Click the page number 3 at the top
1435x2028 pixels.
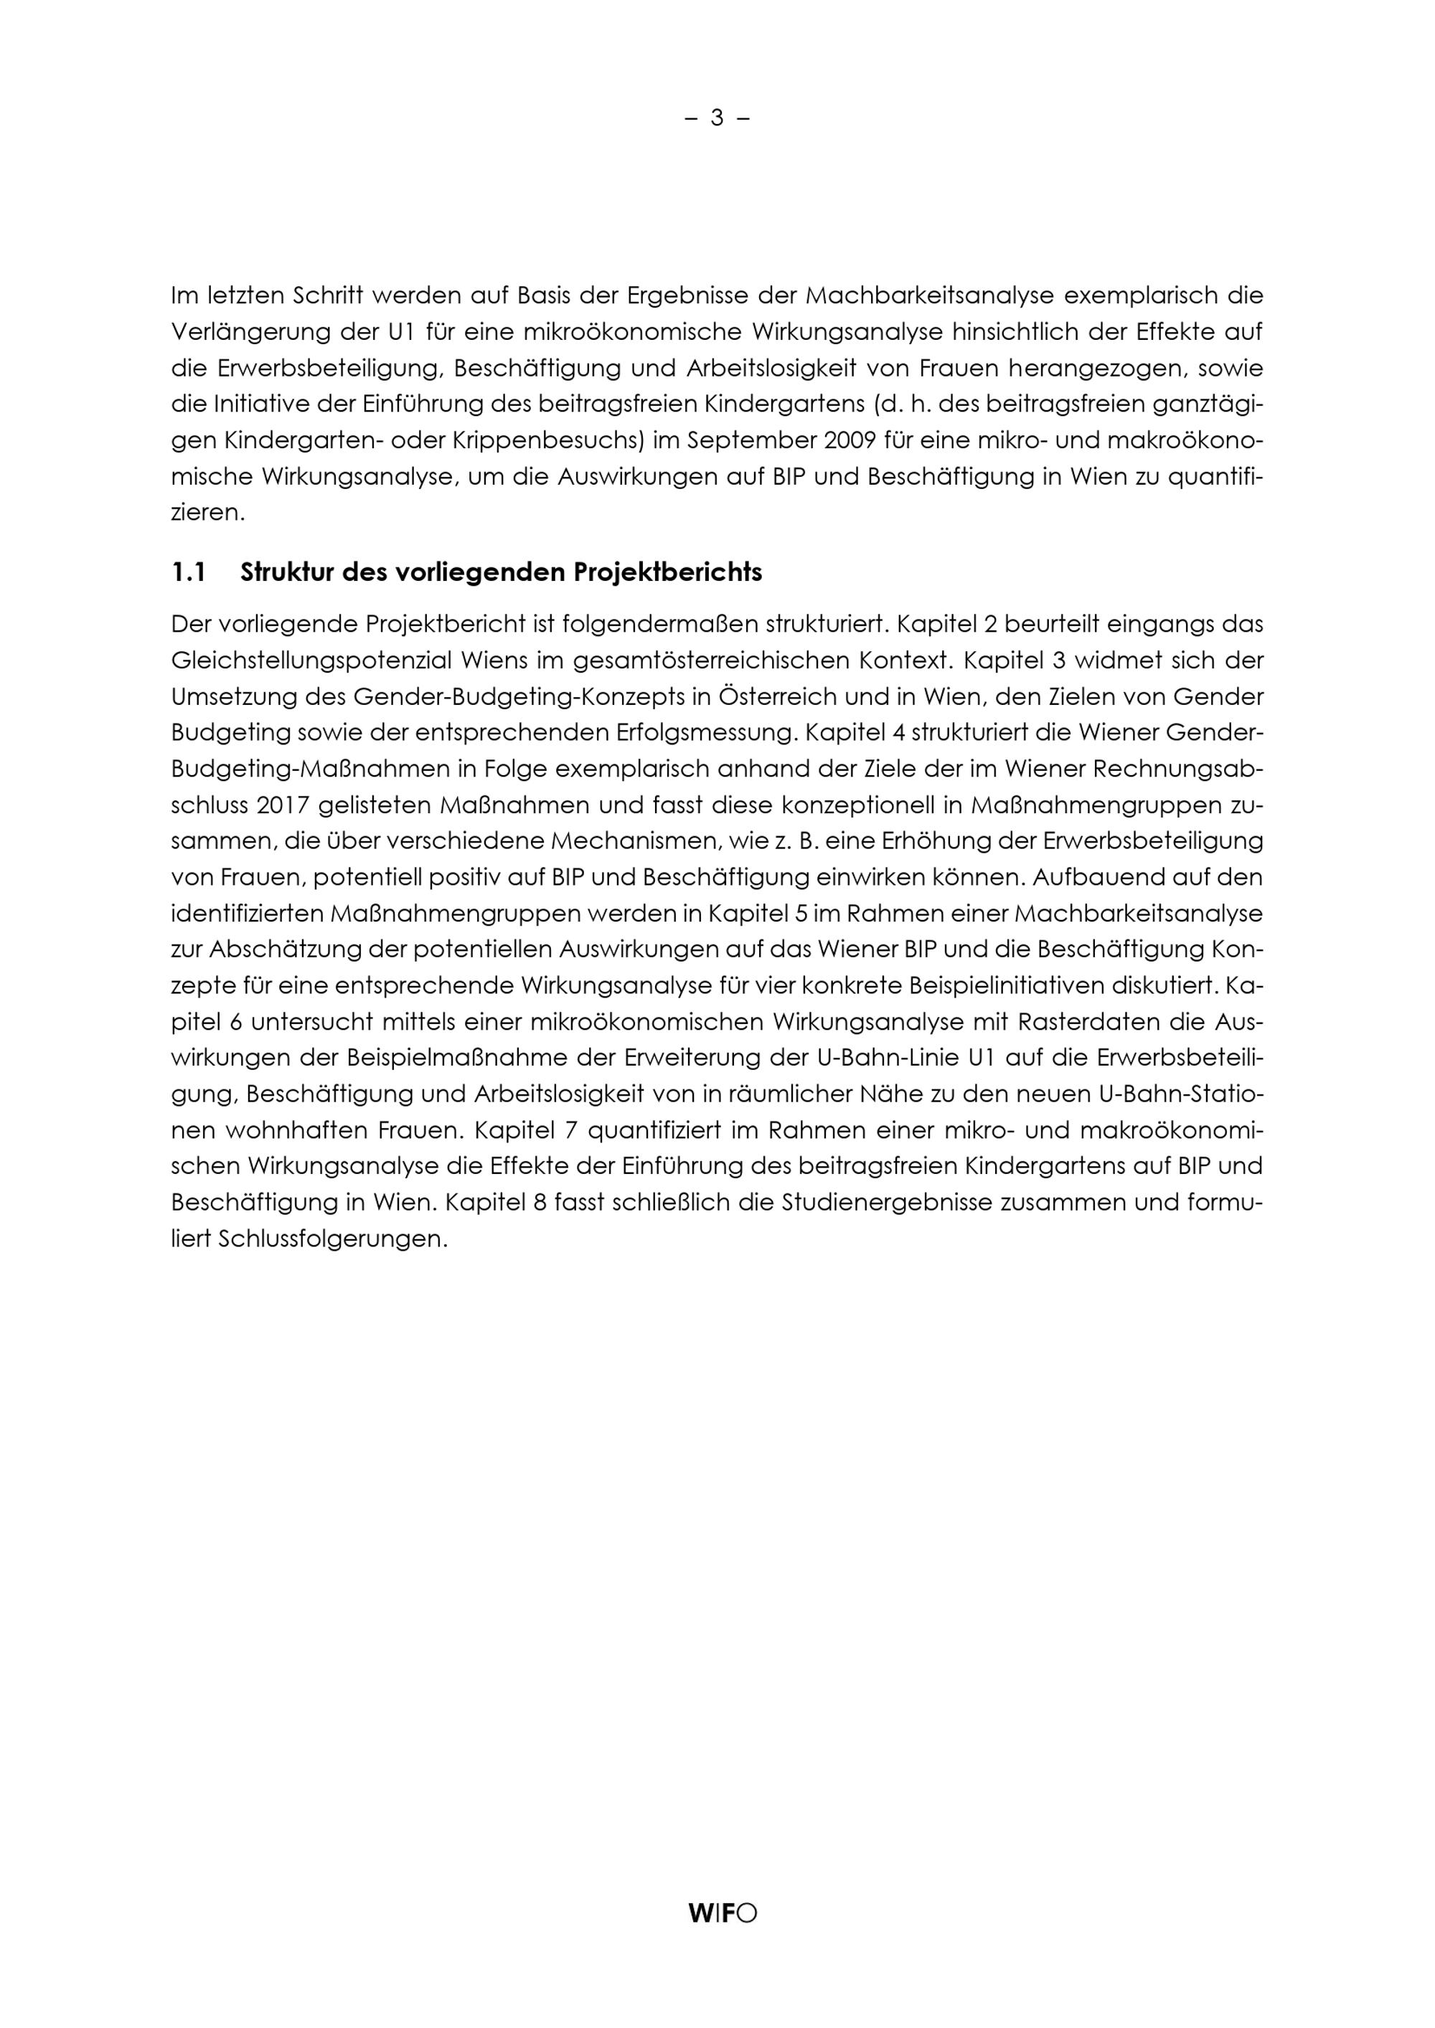click(717, 118)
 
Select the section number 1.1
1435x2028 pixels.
click(188, 573)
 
